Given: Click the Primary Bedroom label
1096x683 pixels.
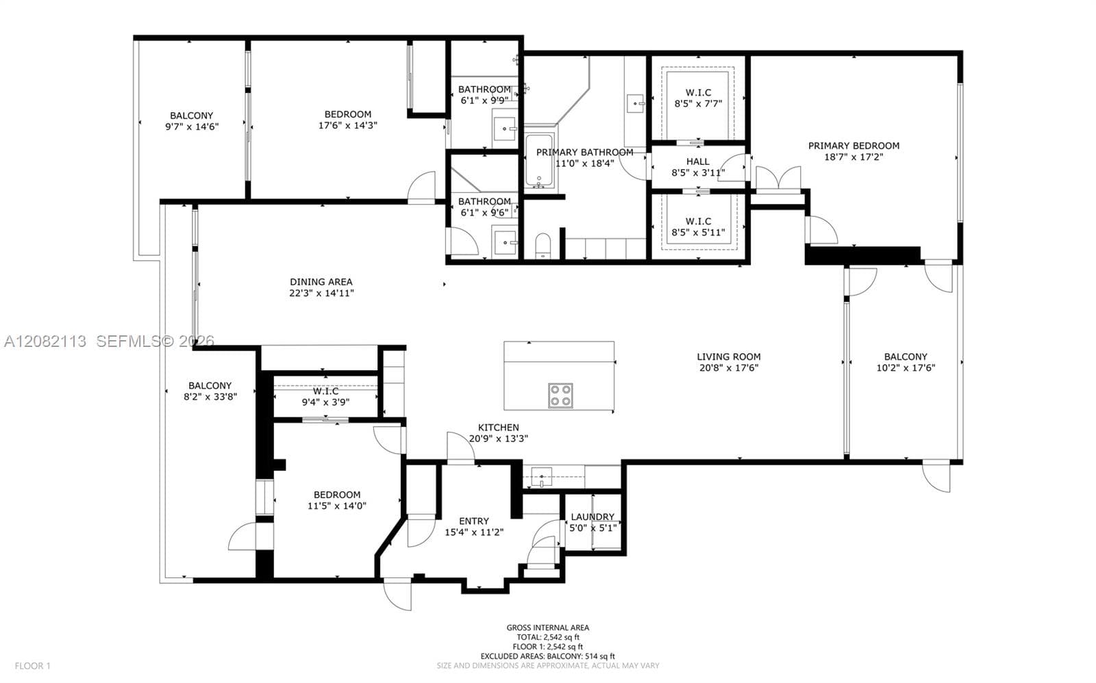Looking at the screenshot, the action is point(854,146).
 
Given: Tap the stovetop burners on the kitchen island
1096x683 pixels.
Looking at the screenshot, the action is point(560,396).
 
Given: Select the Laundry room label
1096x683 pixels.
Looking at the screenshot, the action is point(593,517).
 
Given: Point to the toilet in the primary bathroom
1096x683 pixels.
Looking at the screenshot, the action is point(543,246).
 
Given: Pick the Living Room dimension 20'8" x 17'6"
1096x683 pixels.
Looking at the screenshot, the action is point(729,368).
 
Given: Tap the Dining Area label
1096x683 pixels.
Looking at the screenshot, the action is point(321,281).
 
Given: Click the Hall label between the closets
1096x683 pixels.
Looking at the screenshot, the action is point(698,162).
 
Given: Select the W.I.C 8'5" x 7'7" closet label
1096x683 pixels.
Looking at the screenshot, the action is point(698,98).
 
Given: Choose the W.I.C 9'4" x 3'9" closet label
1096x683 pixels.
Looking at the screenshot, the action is point(325,396).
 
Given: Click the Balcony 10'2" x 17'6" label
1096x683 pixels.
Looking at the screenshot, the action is point(906,362).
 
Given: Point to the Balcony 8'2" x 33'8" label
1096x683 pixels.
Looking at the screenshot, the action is point(210,391).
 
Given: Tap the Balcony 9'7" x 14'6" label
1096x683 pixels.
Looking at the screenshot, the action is point(192,120).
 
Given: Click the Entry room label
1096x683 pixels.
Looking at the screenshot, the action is point(473,521).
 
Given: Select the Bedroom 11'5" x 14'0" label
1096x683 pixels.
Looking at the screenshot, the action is point(337,500).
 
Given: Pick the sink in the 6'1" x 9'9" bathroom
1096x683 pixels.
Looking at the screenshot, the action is point(504,129).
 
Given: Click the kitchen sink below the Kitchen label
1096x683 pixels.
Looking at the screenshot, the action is point(542,477).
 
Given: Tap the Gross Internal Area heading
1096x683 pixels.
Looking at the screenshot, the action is point(547,628).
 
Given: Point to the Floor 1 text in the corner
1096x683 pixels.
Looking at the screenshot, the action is point(33,666).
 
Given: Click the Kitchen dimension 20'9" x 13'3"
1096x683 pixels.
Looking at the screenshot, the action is point(499,439).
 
